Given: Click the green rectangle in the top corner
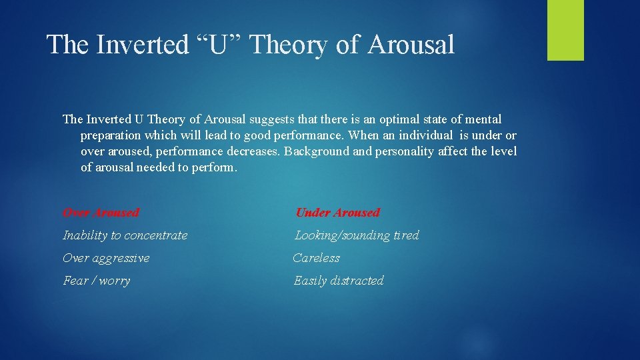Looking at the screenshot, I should [565, 30].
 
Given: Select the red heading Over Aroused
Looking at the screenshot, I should [101, 213].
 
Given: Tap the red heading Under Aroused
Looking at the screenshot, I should [337, 213].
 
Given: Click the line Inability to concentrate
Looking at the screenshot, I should [125, 235].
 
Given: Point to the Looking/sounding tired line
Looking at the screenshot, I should [357, 235].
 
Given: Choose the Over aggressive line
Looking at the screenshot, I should [106, 258].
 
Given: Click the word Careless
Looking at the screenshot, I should [317, 258].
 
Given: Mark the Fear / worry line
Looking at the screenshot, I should [96, 281].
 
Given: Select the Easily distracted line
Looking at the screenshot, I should [339, 281].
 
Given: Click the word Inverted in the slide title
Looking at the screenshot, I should [139, 45].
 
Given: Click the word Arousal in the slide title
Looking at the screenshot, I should [411, 45].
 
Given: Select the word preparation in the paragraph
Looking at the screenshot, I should [114, 135].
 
